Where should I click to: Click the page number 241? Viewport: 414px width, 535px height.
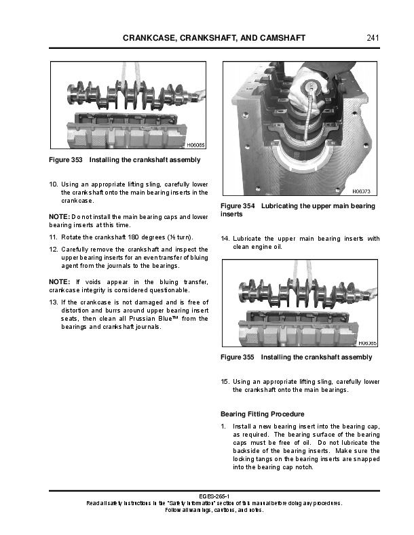coord(371,37)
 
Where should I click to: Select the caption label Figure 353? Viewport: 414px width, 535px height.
coord(66,160)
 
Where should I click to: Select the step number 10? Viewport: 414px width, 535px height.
coord(54,184)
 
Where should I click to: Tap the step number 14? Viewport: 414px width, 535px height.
coord(225,239)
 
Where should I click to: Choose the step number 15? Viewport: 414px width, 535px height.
coord(225,382)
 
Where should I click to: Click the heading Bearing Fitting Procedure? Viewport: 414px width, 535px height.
coord(262,414)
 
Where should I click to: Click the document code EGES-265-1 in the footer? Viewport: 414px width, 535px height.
coord(206,496)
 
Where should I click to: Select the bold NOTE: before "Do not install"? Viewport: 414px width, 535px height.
coord(60,216)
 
